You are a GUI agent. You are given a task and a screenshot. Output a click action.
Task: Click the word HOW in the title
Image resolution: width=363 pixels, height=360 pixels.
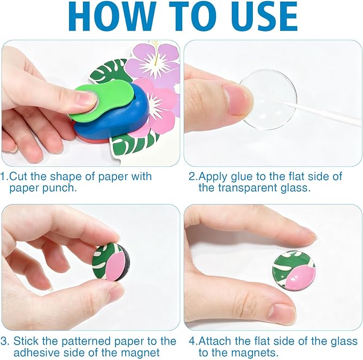tap(111, 17)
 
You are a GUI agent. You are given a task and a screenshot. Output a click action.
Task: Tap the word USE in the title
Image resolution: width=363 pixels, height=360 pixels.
tap(261, 17)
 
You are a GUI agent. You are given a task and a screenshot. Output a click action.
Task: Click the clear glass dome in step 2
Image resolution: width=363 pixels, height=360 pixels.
tap(268, 99)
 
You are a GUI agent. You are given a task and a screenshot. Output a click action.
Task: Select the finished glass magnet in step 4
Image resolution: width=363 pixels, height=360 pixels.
tap(294, 271)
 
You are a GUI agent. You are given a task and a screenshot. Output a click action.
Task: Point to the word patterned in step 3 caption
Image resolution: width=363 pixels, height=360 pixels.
tap(86, 341)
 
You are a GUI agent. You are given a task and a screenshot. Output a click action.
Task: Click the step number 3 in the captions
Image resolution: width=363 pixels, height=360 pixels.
tap(4, 341)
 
